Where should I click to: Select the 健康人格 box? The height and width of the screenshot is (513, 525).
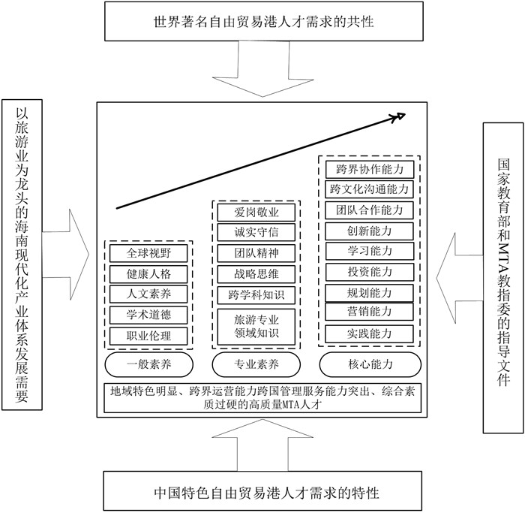point(150,274)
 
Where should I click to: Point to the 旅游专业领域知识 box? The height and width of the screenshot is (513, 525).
point(256,326)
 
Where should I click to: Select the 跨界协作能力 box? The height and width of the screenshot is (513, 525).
point(369,169)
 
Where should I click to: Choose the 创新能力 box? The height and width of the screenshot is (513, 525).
point(369,231)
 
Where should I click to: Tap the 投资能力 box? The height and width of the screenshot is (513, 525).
point(369,271)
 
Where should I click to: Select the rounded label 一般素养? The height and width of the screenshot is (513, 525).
point(150,365)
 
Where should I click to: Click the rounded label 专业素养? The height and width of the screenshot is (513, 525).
point(256,365)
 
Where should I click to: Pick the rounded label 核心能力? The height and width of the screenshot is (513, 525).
point(369,365)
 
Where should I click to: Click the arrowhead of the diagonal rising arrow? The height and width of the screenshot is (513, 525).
point(399,116)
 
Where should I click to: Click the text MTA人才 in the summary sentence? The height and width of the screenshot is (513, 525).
point(298,405)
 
